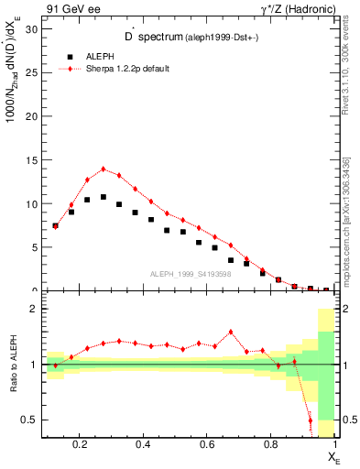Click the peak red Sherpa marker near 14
[104, 169]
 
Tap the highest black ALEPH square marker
[104, 197]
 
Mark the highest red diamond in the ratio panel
[231, 333]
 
